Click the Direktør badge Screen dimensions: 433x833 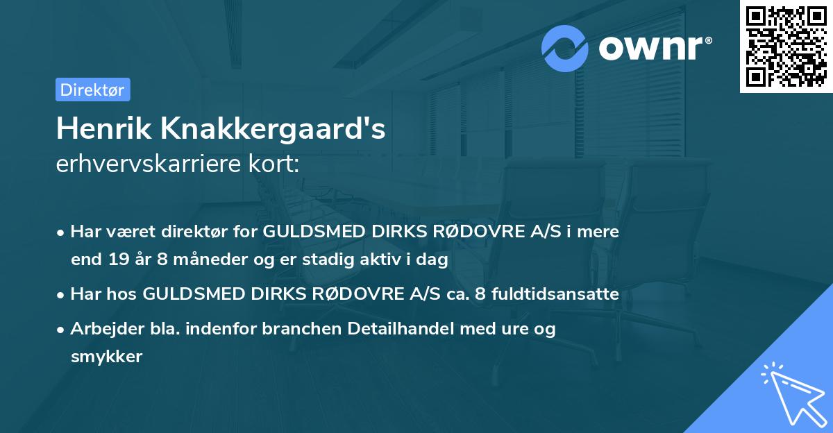[x=92, y=90]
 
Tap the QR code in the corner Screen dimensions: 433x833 [x=786, y=46]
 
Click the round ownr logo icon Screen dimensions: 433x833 [x=566, y=48]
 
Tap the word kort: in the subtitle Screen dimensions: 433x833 [x=276, y=164]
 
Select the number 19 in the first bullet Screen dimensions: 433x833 [x=117, y=260]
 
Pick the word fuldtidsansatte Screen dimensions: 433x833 [x=555, y=294]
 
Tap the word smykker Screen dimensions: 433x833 [x=106, y=357]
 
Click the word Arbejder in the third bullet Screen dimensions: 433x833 [x=102, y=329]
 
